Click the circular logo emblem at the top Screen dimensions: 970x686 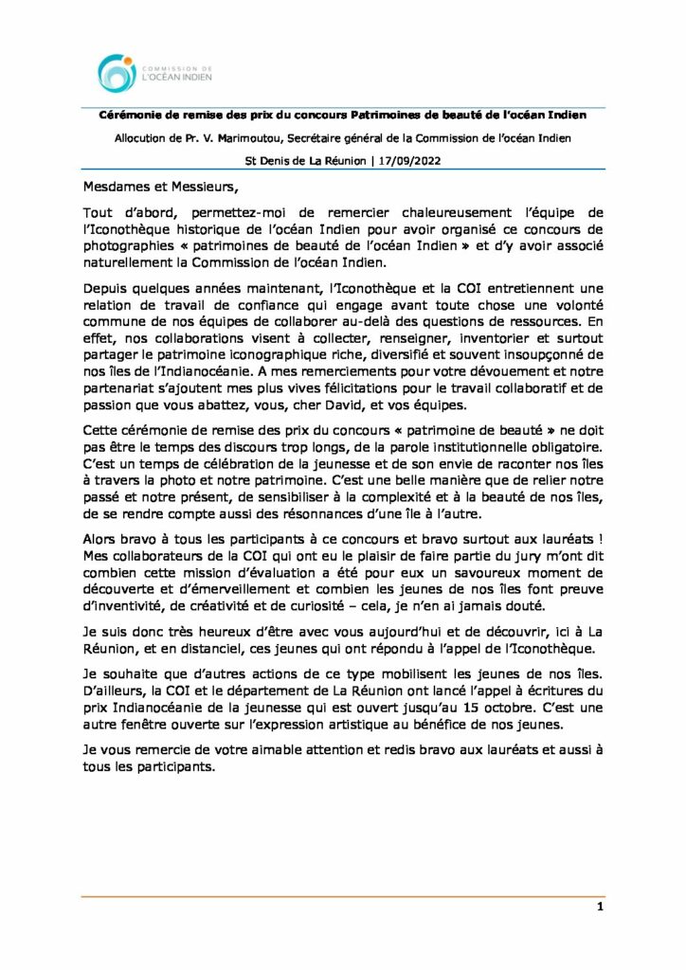pyautogui.click(x=117, y=73)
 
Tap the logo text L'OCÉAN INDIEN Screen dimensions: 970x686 pyautogui.click(x=177, y=79)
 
